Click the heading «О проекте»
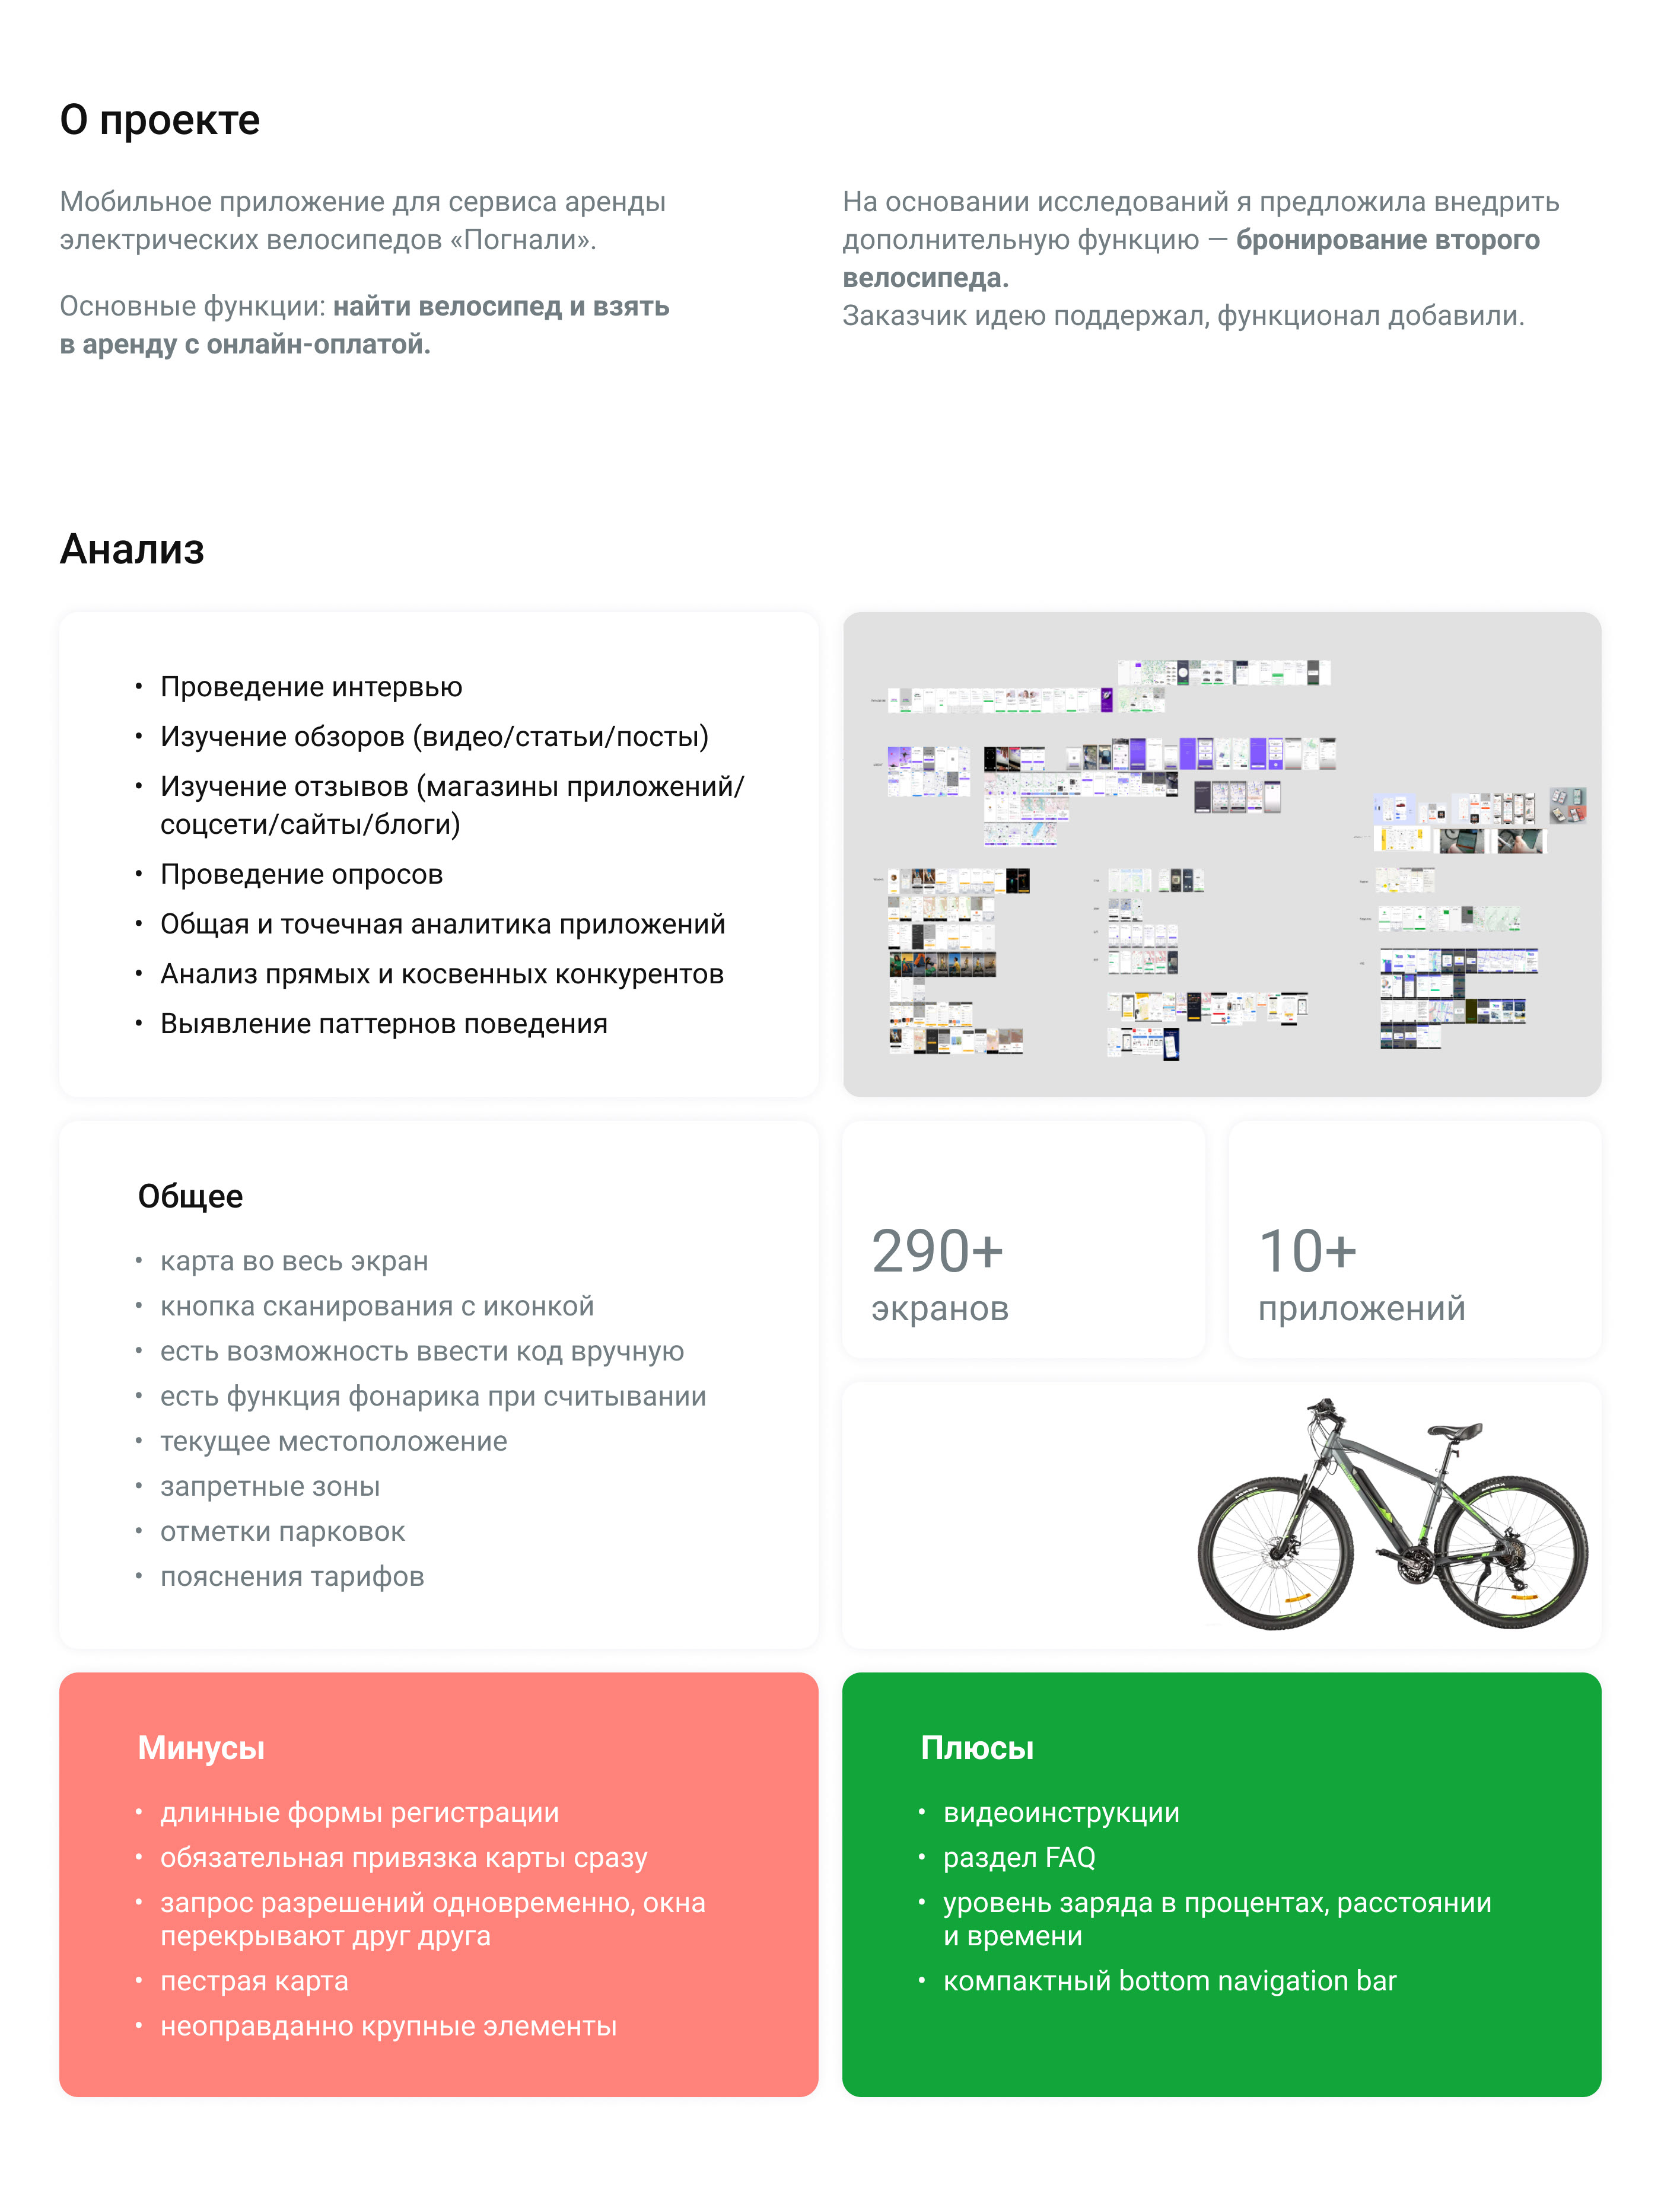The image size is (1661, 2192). [x=160, y=120]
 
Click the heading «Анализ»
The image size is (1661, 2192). [x=132, y=549]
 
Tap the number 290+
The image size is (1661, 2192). [x=937, y=1251]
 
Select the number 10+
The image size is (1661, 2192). [x=1306, y=1251]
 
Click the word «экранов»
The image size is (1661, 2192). [x=940, y=1308]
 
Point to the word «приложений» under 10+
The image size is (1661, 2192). [x=1361, y=1308]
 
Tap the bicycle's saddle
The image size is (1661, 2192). [x=1454, y=1430]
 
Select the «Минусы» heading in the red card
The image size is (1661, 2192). [x=201, y=1748]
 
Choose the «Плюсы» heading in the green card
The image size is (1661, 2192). [x=976, y=1748]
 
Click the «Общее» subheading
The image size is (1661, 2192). [x=190, y=1196]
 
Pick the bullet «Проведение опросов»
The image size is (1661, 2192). [x=301, y=874]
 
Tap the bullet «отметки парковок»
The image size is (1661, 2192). [x=282, y=1532]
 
